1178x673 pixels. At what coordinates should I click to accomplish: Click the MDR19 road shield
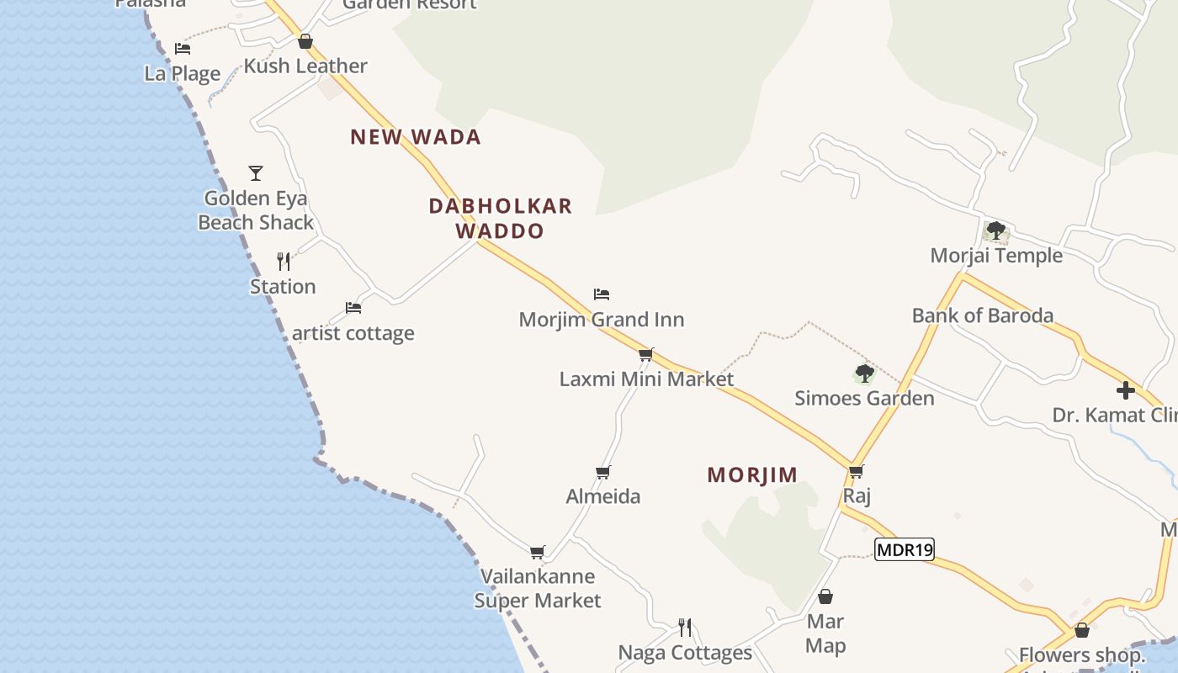click(905, 550)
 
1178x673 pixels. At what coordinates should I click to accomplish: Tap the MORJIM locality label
click(752, 474)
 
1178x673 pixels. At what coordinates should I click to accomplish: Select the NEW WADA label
click(416, 137)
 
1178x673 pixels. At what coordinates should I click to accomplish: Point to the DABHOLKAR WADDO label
click(500, 218)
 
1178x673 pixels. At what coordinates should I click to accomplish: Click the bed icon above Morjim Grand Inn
click(601, 294)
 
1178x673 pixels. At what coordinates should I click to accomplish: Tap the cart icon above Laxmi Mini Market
click(645, 354)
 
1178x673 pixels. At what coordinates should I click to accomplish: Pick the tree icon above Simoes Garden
click(864, 373)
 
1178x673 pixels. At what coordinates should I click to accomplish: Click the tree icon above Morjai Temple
click(995, 230)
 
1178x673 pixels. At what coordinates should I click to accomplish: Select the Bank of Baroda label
click(982, 315)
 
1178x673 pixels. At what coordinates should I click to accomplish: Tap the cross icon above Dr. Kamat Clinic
click(1125, 390)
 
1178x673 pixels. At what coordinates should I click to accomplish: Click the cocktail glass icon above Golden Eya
click(256, 173)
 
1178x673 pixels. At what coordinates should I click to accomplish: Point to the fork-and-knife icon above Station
click(284, 262)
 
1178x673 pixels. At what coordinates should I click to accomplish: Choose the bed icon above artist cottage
click(353, 308)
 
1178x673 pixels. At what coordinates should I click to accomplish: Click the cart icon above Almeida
click(602, 472)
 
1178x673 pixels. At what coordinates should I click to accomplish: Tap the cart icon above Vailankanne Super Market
click(537, 552)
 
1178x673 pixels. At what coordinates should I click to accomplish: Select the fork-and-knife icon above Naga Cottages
click(685, 628)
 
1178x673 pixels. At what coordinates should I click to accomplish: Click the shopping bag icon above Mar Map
click(825, 596)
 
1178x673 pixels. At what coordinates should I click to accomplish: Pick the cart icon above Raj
click(856, 471)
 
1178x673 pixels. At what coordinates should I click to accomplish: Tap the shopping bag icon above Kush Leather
click(305, 41)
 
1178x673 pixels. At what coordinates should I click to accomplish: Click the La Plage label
click(183, 73)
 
